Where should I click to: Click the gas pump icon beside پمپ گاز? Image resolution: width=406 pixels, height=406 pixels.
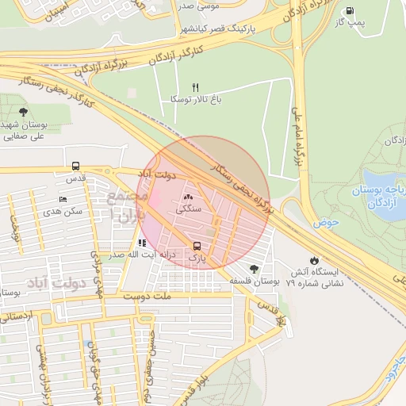350,10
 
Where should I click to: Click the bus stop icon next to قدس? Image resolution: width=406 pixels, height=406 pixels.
75,167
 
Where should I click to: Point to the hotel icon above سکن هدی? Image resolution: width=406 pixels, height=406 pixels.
63,199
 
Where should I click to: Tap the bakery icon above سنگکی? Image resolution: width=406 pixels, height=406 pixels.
188,197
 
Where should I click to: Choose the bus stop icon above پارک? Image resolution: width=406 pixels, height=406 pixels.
197,246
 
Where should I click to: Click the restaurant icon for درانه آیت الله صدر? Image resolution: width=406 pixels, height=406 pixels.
142,243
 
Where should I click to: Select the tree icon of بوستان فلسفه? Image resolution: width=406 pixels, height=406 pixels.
254,269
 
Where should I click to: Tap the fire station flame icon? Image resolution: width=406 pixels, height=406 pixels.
315,259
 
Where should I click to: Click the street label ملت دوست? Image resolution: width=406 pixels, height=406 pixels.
147,295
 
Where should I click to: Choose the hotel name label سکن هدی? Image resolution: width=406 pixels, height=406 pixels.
63,212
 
